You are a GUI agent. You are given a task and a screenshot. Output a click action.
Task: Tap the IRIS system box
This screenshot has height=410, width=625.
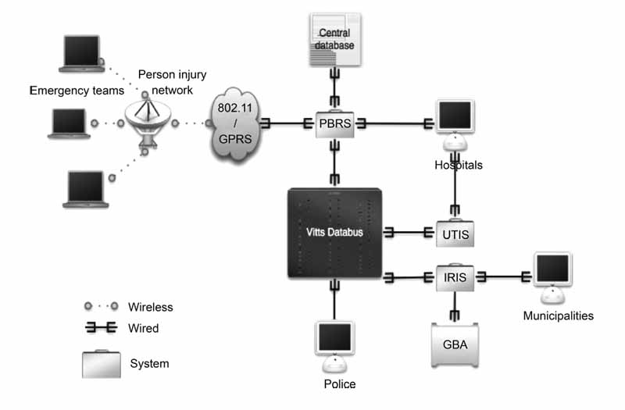coord(454,276)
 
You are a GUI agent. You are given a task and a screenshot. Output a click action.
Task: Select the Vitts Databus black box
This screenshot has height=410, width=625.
coord(336,232)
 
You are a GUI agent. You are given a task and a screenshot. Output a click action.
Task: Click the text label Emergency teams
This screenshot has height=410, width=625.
coord(77,91)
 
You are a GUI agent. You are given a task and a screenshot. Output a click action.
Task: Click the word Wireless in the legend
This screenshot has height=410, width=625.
coord(151,307)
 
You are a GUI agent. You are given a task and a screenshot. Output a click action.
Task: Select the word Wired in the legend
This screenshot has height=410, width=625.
coord(143,329)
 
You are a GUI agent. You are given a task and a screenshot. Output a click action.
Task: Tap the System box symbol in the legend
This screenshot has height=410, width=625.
coord(102,364)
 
